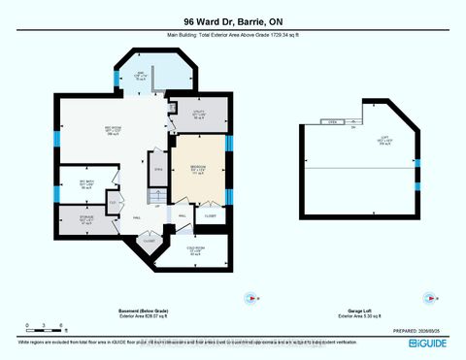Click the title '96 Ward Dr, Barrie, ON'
click(x=232, y=21)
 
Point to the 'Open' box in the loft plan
click(x=331, y=123)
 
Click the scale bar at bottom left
click(x=46, y=329)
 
